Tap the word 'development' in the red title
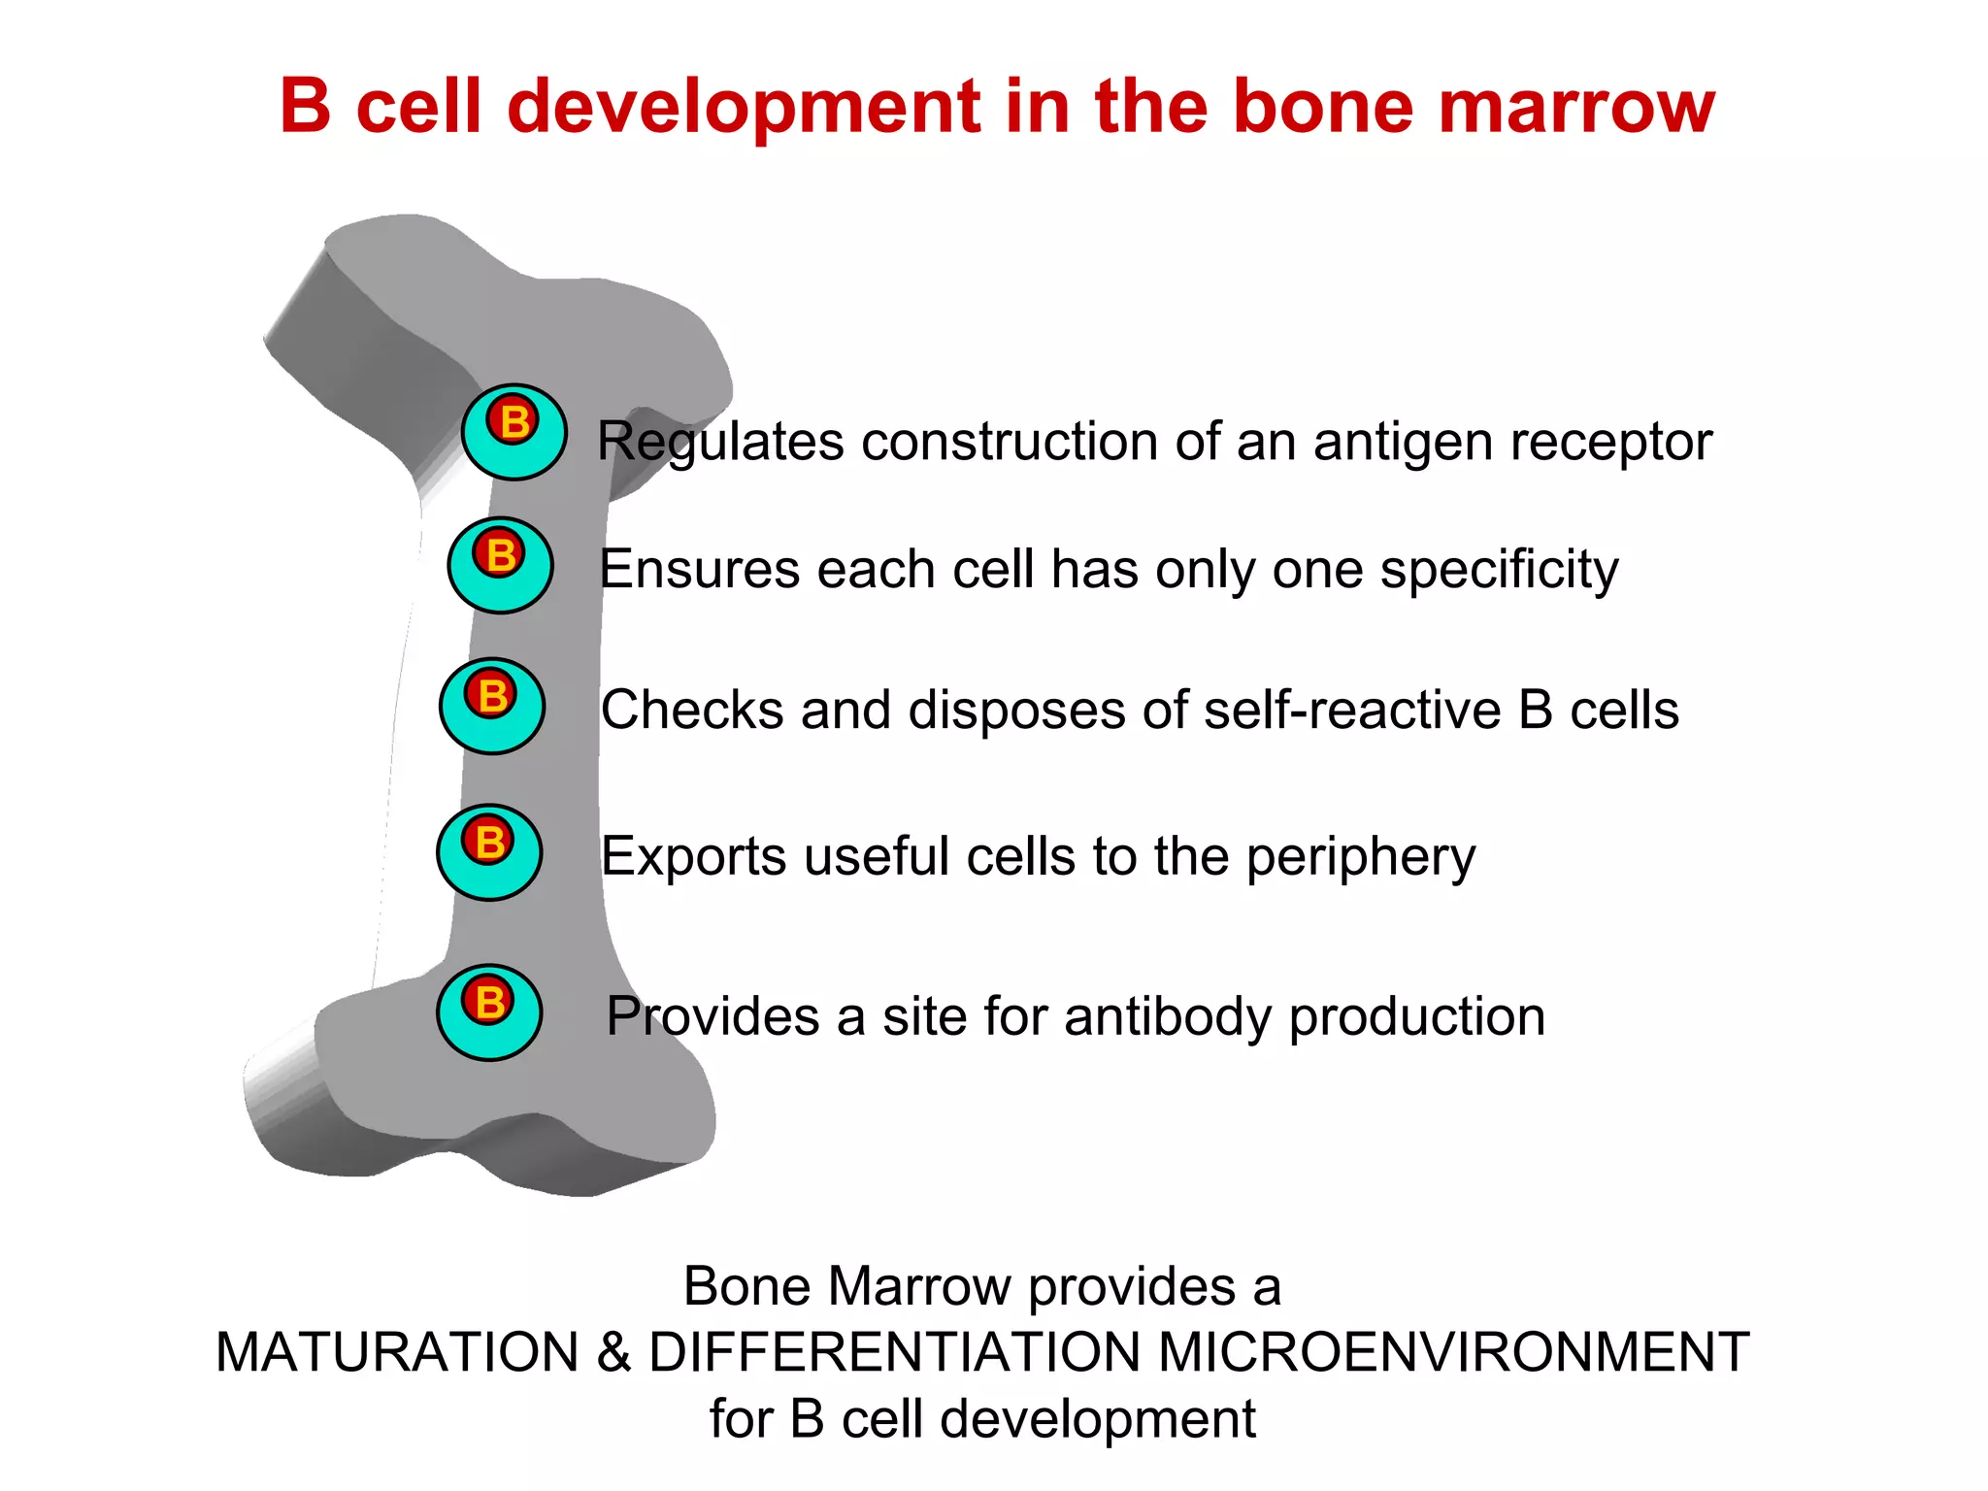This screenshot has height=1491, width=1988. click(745, 107)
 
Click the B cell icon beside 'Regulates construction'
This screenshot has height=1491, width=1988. click(514, 432)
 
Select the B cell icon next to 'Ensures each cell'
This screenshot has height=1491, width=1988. click(500, 565)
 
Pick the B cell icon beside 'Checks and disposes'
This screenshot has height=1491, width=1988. click(492, 706)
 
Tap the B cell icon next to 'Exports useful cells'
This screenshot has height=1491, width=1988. click(489, 852)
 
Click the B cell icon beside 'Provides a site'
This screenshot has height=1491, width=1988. click(489, 1011)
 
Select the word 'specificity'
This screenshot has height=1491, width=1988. click(1499, 571)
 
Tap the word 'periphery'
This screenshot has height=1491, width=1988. click(1360, 858)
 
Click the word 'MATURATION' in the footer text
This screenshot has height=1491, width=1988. click(398, 1352)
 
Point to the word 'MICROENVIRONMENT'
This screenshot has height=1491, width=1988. click(1453, 1352)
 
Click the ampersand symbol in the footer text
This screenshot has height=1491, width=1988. click(614, 1352)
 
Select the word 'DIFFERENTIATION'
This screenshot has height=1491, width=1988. click(894, 1352)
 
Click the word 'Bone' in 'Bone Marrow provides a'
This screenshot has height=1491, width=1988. click(746, 1286)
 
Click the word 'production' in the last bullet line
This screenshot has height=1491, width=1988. click(1416, 1018)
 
